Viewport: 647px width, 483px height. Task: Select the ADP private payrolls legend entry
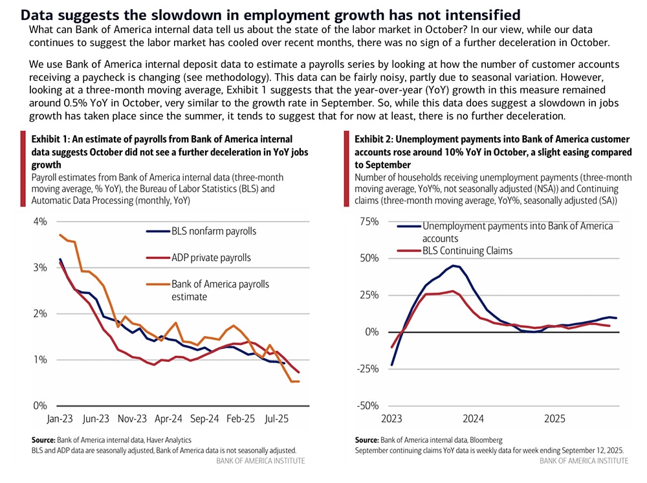[x=211, y=258]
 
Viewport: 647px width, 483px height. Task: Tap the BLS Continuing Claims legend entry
[x=467, y=250]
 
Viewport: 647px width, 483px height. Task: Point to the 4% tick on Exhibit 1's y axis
[x=40, y=221]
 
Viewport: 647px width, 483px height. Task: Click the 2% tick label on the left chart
[x=40, y=314]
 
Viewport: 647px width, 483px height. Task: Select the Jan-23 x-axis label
[x=60, y=420]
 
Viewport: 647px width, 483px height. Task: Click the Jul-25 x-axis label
[x=276, y=420]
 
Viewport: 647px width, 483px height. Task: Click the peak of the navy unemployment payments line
[x=454, y=265]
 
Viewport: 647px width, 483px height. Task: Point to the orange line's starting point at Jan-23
[x=60, y=235]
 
